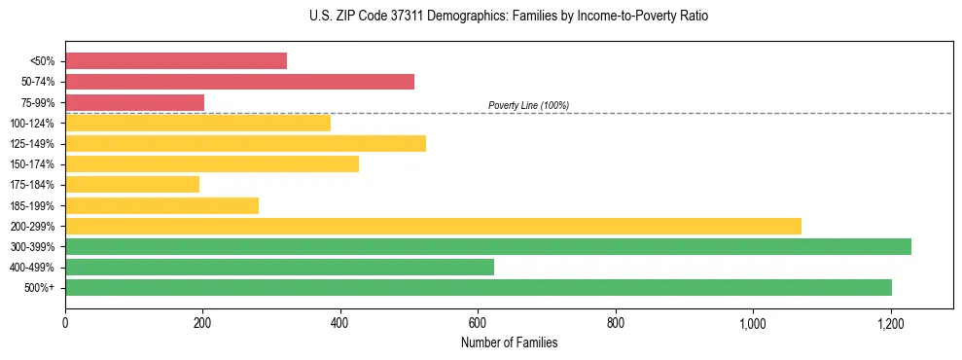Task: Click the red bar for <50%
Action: pos(176,60)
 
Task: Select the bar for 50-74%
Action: pos(239,81)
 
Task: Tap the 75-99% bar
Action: pos(134,102)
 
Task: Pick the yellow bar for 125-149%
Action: pos(245,143)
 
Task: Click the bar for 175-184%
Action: pos(132,184)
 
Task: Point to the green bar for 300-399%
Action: pos(488,246)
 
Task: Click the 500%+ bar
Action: pos(479,287)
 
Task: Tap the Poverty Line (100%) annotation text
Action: pos(528,105)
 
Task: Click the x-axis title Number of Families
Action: pos(509,342)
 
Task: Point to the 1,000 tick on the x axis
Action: pos(753,323)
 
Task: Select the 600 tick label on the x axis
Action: pos(478,323)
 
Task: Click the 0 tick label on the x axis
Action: pos(65,323)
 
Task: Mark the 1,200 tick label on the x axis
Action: pos(890,323)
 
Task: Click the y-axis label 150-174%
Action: pos(32,164)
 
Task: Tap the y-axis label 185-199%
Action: pos(32,205)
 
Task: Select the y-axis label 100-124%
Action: pos(32,123)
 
